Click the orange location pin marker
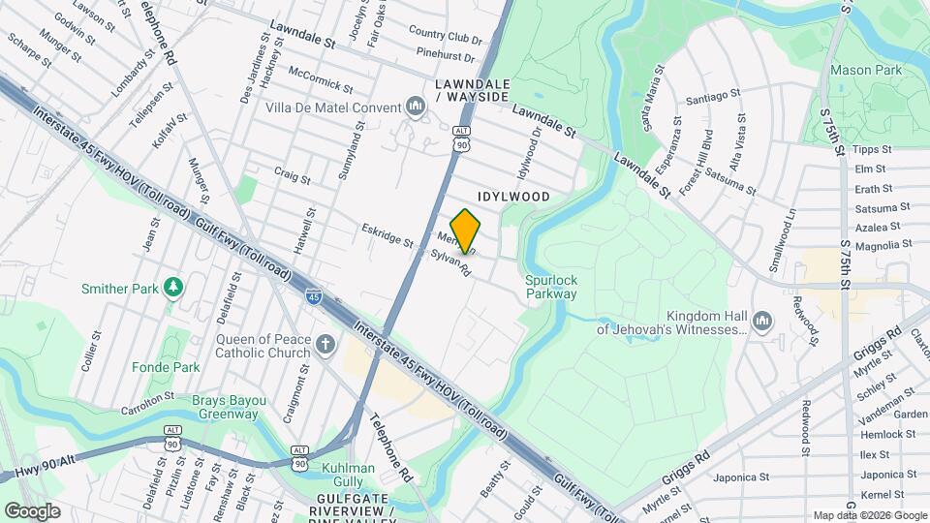466,231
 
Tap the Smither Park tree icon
173,288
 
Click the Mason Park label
866,70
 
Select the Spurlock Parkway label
551,287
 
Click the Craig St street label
292,179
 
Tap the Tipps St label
873,150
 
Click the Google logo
33,510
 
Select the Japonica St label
740,477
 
